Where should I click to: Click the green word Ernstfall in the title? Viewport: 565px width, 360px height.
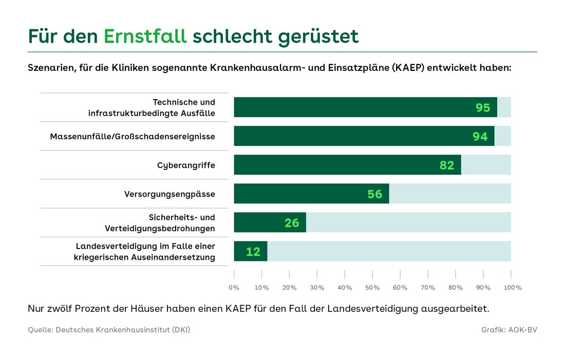tap(145, 36)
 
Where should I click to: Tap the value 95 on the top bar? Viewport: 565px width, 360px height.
tap(483, 108)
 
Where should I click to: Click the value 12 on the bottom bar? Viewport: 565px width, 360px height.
tap(253, 252)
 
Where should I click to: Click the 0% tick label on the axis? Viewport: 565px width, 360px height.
tap(234, 288)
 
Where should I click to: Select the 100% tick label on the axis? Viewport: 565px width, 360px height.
tap(512, 288)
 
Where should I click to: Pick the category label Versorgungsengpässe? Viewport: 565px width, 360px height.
tap(169, 194)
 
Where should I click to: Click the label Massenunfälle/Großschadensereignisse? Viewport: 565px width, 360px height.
tap(133, 137)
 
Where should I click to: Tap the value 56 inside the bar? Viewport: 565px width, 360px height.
tap(375, 194)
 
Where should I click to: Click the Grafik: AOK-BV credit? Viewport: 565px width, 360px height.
tap(509, 330)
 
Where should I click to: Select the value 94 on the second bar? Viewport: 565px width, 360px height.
tap(480, 137)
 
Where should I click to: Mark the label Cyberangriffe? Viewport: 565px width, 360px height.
tap(186, 165)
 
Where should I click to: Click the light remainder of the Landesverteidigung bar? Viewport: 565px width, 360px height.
tap(389, 251)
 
